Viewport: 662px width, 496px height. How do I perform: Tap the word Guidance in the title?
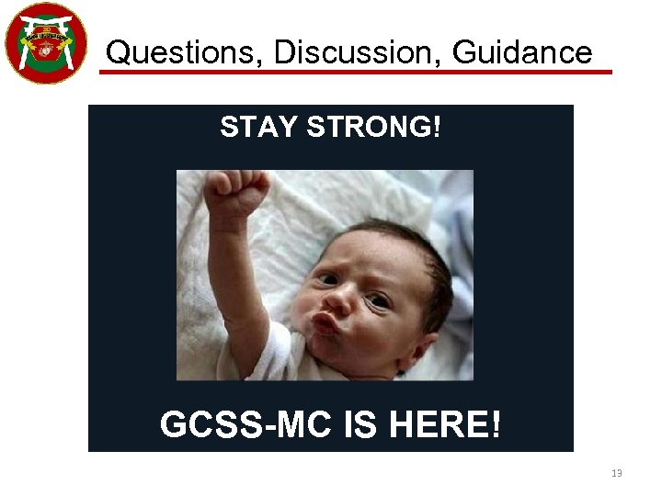point(523,52)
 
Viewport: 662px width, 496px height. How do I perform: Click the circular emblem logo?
point(46,43)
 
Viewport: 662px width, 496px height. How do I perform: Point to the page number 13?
point(616,474)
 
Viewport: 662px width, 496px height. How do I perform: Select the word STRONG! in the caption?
point(373,128)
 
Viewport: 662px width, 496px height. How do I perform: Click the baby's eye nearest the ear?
point(378,300)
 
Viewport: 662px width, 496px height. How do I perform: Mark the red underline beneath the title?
point(355,71)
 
